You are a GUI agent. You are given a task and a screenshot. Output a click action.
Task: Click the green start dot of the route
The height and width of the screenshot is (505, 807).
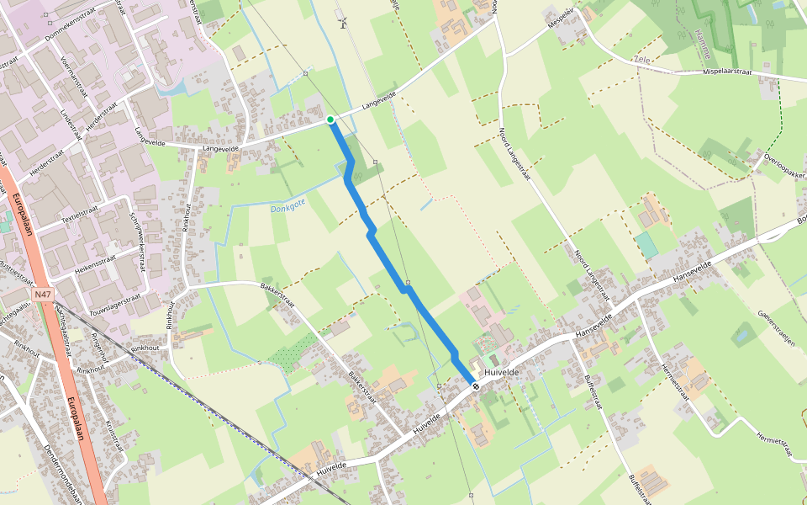330,120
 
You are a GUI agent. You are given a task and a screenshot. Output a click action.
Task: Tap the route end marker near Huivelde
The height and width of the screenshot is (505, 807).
476,386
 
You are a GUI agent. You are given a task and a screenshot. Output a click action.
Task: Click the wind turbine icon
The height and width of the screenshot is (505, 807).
342,21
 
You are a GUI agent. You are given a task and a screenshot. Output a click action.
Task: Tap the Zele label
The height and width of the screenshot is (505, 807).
643,61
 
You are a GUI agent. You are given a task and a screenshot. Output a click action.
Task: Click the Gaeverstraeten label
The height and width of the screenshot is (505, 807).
776,329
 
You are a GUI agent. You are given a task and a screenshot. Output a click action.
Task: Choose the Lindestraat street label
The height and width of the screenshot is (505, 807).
75,123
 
